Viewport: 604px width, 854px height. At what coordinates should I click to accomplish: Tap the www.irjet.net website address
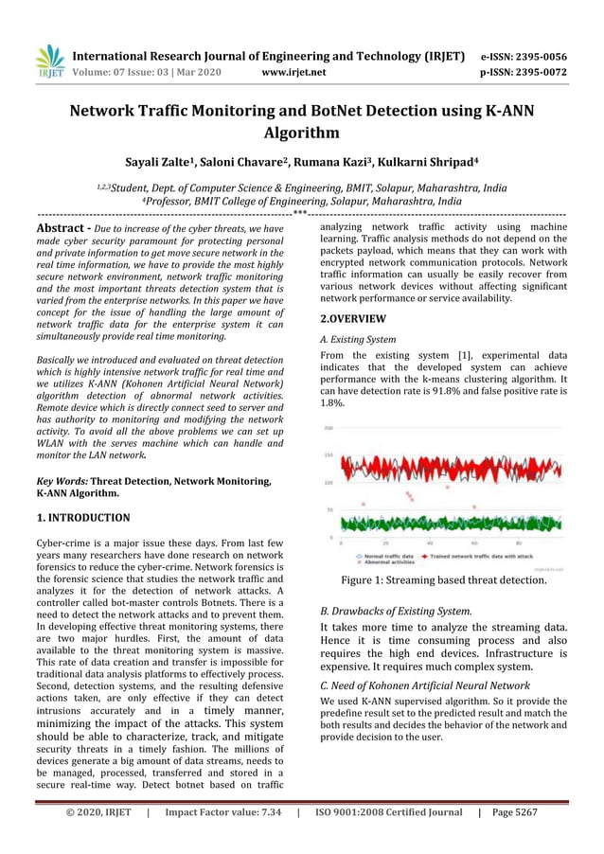point(293,72)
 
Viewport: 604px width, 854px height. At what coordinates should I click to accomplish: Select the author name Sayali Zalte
point(163,161)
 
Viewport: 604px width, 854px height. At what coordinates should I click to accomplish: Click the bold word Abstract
point(62,228)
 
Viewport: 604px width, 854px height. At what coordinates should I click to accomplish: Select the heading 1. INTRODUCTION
point(82,518)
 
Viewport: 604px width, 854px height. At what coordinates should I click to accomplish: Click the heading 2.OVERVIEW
point(353,319)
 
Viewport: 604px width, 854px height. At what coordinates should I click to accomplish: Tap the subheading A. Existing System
point(358,339)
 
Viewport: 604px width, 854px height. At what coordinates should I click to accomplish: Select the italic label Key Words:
point(61,481)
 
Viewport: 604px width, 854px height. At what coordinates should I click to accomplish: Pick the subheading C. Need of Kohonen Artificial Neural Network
point(423,685)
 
